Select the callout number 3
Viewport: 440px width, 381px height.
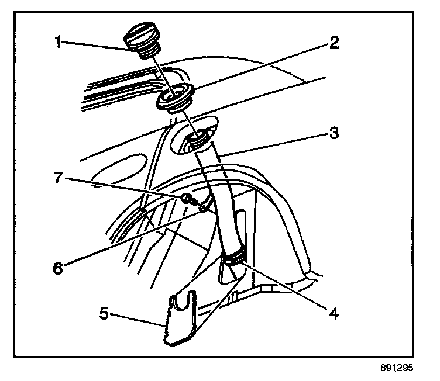(333, 132)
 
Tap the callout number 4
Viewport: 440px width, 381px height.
(333, 313)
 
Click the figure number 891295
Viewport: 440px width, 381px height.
(396, 369)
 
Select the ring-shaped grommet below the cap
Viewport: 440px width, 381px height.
(173, 98)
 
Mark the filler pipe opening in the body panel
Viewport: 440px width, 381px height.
(196, 138)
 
